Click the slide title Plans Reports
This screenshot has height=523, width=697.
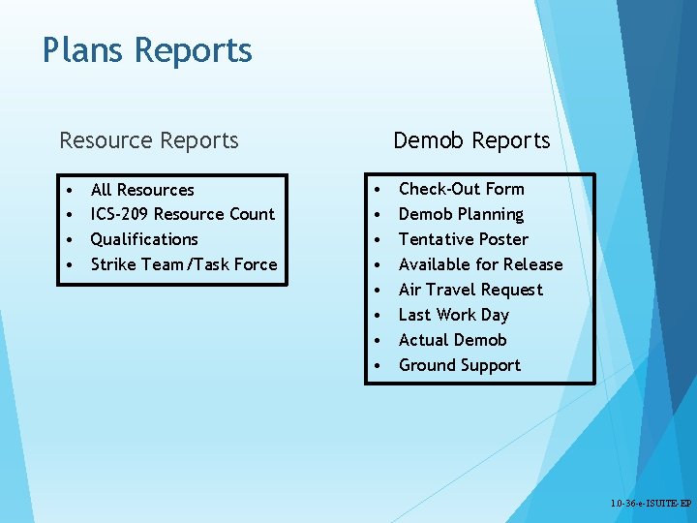coord(147,50)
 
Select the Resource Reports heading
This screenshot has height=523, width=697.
coord(149,140)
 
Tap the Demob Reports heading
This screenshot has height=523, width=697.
coord(471,140)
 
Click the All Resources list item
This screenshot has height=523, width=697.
coord(142,190)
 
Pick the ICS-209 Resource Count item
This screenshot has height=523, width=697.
coord(182,214)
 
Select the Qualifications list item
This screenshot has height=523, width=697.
coord(144,239)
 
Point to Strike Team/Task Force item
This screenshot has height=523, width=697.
coord(184,264)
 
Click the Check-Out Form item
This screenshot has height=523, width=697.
coord(461,189)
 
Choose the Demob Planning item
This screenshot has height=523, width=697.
coord(461,214)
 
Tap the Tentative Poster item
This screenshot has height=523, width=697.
coord(463,239)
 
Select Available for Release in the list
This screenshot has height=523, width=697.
coord(480,264)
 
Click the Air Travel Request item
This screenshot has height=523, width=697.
coord(470,290)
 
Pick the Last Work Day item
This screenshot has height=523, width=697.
coord(453,315)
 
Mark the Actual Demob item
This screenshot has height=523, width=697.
coord(452,340)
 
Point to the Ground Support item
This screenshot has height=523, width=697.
coord(459,365)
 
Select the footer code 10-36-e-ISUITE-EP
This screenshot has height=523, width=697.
coord(651,505)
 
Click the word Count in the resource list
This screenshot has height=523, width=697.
coord(253,214)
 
